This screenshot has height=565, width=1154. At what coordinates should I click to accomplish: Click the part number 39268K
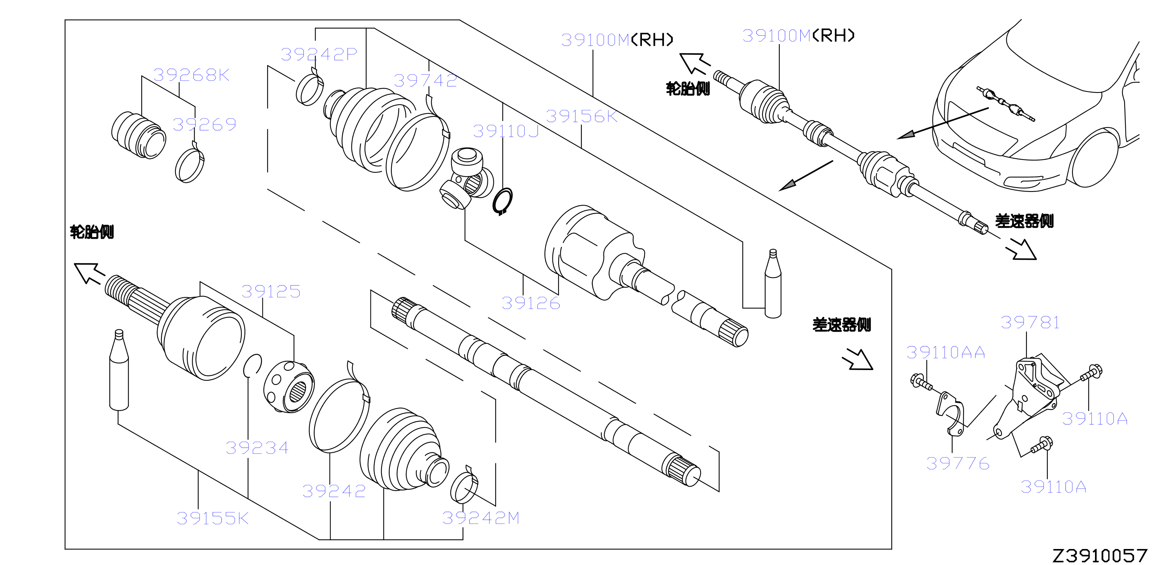coord(191,75)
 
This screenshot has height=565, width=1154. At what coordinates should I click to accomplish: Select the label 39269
coord(204,124)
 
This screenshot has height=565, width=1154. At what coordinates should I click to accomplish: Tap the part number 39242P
coord(319,54)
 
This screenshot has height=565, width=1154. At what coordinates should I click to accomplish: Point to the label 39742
coord(425,81)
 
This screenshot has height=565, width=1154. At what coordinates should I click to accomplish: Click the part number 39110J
coord(506,131)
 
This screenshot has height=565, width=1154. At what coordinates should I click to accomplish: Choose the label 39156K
coord(581,117)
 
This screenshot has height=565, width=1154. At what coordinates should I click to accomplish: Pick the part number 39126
coord(531,303)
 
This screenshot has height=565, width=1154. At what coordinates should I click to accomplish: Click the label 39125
coord(271,292)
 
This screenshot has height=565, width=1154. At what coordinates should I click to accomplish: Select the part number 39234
coord(257,448)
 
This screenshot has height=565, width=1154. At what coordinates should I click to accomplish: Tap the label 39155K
coord(212,519)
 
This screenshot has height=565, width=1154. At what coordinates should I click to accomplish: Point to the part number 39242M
coord(481,518)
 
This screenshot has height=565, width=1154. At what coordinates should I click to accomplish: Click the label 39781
coord(1030,322)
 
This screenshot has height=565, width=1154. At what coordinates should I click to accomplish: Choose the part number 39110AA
coord(946,352)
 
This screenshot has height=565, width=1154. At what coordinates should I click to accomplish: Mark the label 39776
coord(958,463)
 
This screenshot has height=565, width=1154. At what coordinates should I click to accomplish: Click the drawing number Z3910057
coord(1100,555)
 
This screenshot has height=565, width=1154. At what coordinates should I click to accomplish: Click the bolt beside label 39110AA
coord(921,382)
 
